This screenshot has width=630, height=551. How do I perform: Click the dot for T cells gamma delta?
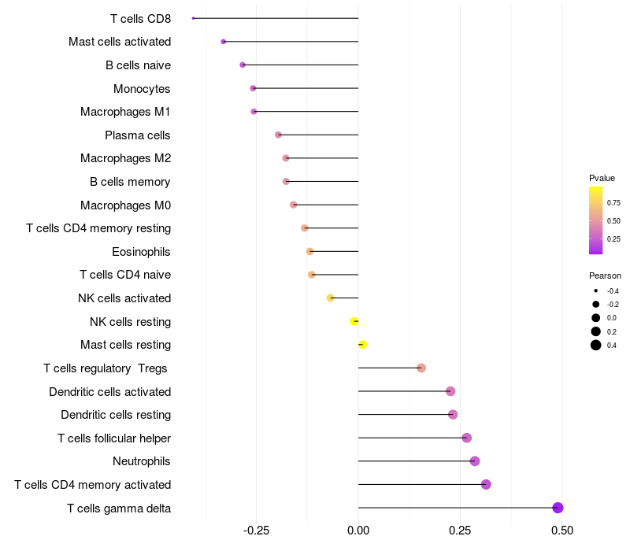click(x=558, y=508)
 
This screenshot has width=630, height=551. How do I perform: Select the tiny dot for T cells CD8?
click(x=193, y=18)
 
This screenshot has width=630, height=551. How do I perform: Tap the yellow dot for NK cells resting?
click(x=354, y=321)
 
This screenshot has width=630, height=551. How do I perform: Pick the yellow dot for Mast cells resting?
click(x=362, y=345)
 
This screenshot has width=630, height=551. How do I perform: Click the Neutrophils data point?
click(x=475, y=461)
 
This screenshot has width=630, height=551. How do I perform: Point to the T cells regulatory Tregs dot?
click(x=421, y=368)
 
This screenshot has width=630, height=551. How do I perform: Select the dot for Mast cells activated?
click(x=224, y=42)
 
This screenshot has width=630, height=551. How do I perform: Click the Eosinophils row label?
click(x=141, y=252)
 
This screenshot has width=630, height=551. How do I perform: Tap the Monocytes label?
click(x=142, y=89)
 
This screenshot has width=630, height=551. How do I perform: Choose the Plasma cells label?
click(x=137, y=135)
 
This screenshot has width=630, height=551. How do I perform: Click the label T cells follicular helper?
click(x=114, y=438)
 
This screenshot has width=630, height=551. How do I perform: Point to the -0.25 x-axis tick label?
click(x=257, y=531)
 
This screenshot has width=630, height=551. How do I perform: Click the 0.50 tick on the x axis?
click(x=562, y=531)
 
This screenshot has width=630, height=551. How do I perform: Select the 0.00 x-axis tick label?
click(x=358, y=531)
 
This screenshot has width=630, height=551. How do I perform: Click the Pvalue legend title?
click(x=602, y=178)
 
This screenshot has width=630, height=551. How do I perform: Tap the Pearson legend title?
click(x=605, y=275)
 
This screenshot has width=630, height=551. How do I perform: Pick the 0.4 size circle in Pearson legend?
click(x=596, y=345)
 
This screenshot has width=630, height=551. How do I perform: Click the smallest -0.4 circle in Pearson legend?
click(x=596, y=290)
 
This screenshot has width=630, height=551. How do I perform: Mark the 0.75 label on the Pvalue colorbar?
click(x=613, y=203)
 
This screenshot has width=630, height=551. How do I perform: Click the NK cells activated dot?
click(x=330, y=298)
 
